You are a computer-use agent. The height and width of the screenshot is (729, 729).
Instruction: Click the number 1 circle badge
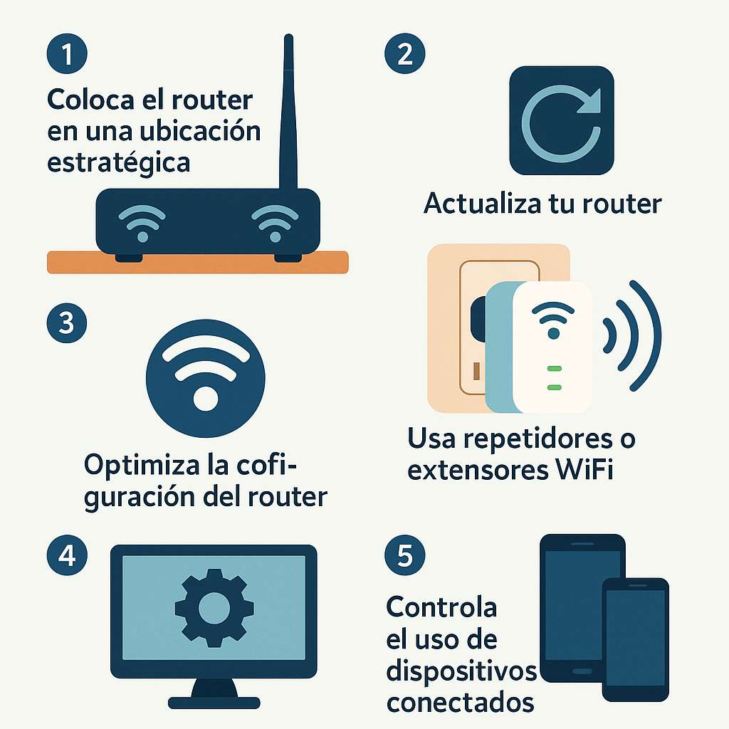pos(67,53)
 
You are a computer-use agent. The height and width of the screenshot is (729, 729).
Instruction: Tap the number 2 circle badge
pos(405,53)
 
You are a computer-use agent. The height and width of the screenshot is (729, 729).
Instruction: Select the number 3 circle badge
pos(67,322)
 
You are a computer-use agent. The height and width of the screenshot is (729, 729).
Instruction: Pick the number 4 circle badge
pos(67,555)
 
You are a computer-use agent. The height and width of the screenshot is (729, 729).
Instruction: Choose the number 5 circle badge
pos(405,555)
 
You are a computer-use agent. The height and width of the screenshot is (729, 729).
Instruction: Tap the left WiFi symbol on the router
pos(142,223)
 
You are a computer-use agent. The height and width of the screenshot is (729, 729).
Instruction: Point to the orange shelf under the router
pos(198,262)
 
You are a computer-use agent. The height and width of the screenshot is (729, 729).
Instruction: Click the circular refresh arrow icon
pos(562,120)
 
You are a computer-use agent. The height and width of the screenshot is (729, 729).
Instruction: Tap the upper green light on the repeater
pos(554,369)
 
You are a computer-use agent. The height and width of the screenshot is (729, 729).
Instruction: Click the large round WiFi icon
pos(206,378)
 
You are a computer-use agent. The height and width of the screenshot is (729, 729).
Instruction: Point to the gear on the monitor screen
pos(214,608)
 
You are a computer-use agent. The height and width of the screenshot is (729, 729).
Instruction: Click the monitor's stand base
pos(214,703)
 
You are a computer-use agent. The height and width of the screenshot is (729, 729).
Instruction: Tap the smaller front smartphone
pos(636,639)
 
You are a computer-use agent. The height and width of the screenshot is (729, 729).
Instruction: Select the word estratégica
pos(119,163)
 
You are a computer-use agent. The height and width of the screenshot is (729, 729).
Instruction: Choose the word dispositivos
pos(461,672)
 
